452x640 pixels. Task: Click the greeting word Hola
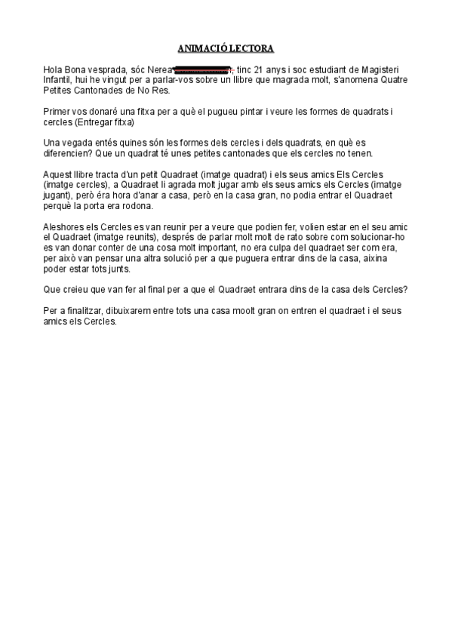[54, 69]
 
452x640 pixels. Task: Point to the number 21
[260, 69]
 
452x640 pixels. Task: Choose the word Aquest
[58, 175]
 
